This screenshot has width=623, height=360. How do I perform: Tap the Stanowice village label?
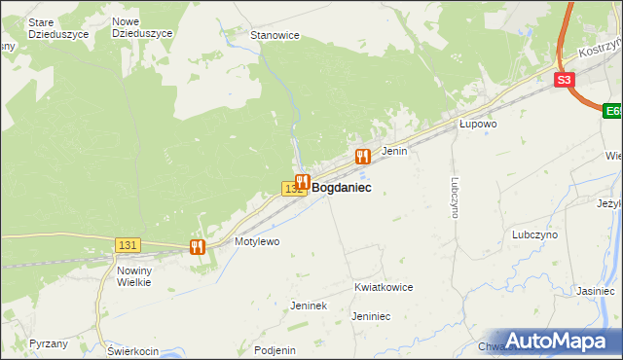pos(275,35)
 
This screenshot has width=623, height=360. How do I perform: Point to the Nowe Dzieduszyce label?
pos(142,27)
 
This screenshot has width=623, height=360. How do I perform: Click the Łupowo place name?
pos(478,125)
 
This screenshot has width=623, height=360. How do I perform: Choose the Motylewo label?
pos(257,240)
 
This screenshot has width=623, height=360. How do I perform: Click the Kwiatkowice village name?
pos(384,288)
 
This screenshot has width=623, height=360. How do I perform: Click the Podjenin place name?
pos(274,350)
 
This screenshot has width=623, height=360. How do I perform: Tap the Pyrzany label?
pos(49,344)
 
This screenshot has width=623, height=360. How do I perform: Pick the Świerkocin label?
pos(133,350)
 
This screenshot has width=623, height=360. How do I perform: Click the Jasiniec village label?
pos(595,291)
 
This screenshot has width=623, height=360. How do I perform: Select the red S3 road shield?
pos(565,80)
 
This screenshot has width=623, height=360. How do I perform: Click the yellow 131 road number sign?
pos(128,244)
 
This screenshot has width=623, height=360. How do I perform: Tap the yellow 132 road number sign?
pos(291,188)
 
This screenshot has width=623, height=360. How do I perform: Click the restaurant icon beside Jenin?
pos(363,156)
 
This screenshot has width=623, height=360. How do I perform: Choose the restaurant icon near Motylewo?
pos(198,247)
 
